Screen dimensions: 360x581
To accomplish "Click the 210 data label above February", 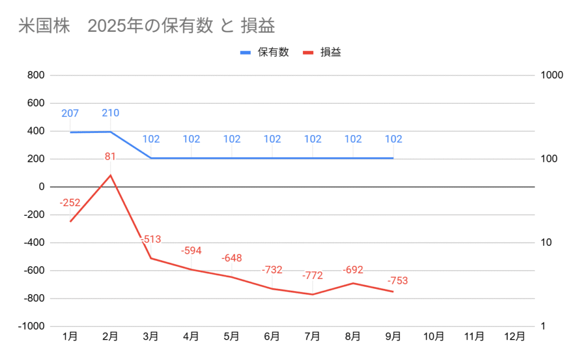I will [x=111, y=113].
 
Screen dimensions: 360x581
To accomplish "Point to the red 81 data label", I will [x=111, y=156].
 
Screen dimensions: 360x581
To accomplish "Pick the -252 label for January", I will [x=70, y=203].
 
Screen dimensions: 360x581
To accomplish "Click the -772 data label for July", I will [x=312, y=276].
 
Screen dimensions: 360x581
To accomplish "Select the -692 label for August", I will [x=352, y=270].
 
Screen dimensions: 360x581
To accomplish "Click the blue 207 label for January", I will [x=70, y=114].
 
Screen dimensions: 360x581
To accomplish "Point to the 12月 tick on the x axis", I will [x=514, y=336].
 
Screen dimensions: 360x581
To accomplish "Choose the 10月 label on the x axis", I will [x=433, y=336].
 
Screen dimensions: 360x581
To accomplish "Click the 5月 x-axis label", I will [x=231, y=336].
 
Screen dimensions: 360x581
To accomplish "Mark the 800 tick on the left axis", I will [x=36, y=76].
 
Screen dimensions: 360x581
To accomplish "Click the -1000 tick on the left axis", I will [x=31, y=326].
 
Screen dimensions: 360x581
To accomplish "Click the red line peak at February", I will [x=111, y=175].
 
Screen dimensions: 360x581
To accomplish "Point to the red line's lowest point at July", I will [x=312, y=294].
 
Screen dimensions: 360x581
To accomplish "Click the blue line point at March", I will [x=151, y=158].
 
